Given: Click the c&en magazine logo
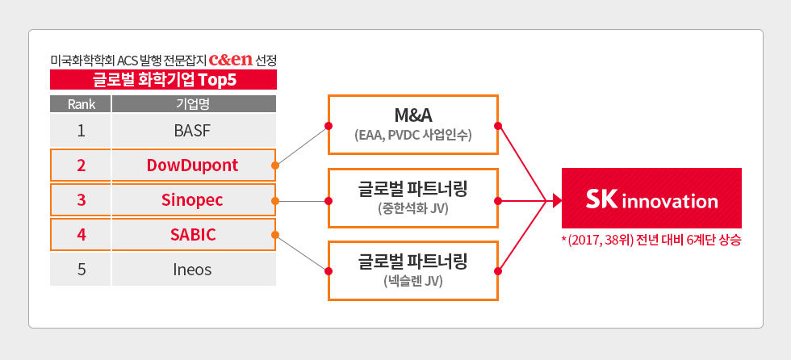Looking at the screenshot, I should (230, 59).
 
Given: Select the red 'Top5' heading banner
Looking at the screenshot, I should (163, 79).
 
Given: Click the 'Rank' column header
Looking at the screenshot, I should (82, 103).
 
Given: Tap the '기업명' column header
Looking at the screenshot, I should (194, 103).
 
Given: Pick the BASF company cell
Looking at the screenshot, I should (194, 130).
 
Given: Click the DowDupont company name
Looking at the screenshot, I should (193, 165).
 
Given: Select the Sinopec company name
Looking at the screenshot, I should (193, 199).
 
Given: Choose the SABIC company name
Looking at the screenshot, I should (193, 234).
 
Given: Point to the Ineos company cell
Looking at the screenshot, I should (193, 269).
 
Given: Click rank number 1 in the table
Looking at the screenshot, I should (82, 130).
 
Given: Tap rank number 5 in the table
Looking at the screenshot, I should (82, 269).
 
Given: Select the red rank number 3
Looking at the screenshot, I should (82, 199).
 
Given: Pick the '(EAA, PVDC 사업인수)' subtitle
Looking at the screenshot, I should (412, 135).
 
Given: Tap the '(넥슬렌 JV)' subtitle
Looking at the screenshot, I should (412, 283).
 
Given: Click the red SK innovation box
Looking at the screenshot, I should (651, 198).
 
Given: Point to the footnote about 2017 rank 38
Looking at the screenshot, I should (651, 241).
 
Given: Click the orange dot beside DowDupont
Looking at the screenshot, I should (275, 165).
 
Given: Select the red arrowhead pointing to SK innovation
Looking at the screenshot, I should (556, 199).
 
